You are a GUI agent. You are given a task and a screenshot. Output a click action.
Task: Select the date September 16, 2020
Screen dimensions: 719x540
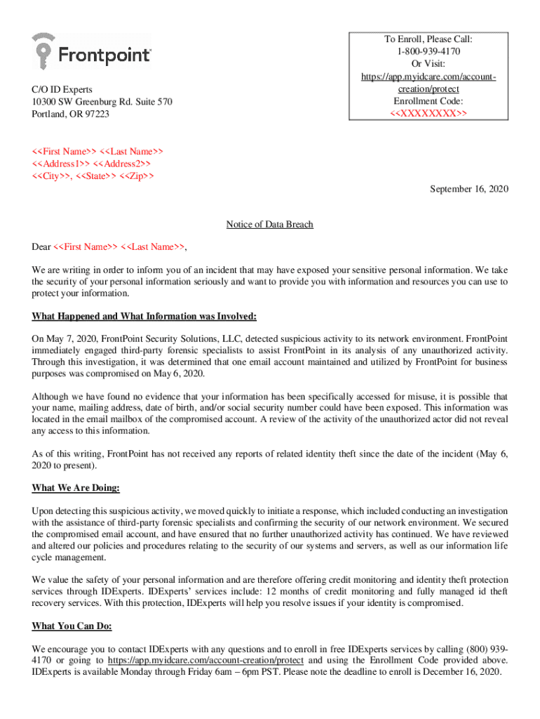pyautogui.click(x=468, y=189)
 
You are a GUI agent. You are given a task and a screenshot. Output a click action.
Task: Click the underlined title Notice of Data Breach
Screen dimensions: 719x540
pyautogui.click(x=269, y=225)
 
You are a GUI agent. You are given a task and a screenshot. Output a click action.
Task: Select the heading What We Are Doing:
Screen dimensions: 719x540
pyautogui.click(x=76, y=488)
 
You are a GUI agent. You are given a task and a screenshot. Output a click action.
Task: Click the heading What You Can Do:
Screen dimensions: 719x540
pyautogui.click(x=72, y=626)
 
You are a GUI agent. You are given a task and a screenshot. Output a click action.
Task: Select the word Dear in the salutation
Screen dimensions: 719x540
pyautogui.click(x=41, y=246)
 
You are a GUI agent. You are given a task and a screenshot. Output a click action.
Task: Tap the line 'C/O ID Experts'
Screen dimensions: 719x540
pyautogui.click(x=62, y=90)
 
